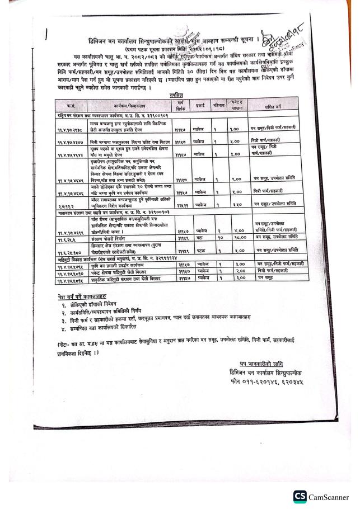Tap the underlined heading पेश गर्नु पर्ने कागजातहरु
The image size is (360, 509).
pyautogui.click(x=85, y=296)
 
